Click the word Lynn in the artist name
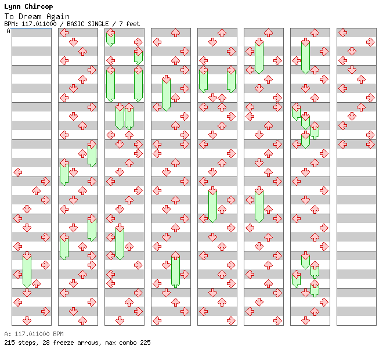tap(12, 7)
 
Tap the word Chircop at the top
tap(39, 7)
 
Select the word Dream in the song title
tap(30, 16)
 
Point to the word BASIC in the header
tap(75, 24)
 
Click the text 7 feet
tap(129, 24)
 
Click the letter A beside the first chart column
tap(9, 31)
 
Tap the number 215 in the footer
tap(9, 343)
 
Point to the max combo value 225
tap(145, 343)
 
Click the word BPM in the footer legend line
tap(58, 334)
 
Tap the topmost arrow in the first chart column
tap(17, 172)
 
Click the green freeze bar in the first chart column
tap(27, 271)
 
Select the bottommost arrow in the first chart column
tap(27, 321)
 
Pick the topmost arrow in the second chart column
tap(64, 33)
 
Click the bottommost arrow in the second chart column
tap(82, 321)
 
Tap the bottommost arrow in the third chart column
tap(120, 321)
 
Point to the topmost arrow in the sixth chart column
tap(268, 33)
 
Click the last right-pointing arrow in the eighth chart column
tap(370, 144)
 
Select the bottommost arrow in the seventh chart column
tap(305, 321)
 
